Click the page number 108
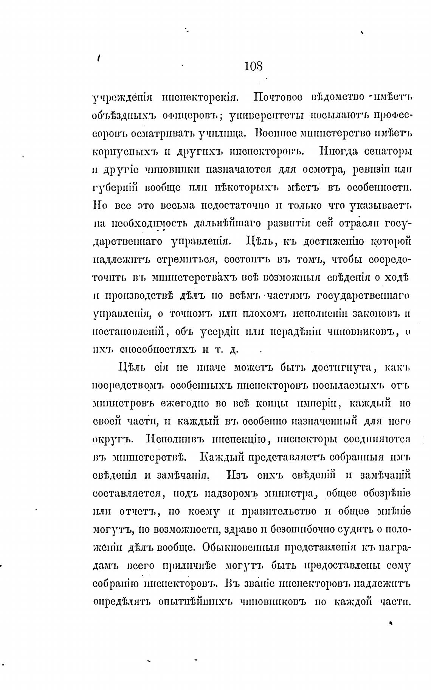click(x=253, y=67)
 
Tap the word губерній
click(x=115, y=188)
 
